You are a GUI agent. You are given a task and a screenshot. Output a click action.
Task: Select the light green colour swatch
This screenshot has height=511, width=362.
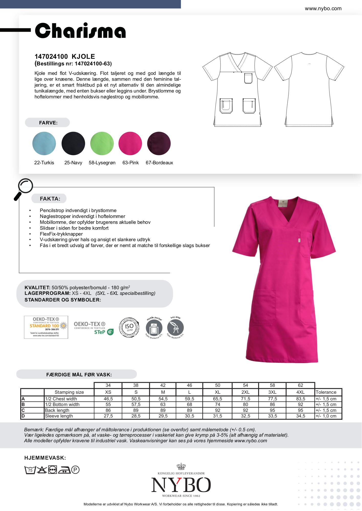click(x=102, y=143)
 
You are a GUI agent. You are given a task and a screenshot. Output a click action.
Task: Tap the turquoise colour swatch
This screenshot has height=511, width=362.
click(x=44, y=143)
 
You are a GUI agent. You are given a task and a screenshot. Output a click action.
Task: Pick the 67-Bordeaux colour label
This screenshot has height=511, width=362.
click(x=159, y=163)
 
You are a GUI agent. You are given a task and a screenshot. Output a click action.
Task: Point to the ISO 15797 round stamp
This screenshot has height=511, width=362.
click(x=129, y=327)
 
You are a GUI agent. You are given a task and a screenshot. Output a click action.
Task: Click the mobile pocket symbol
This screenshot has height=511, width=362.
click(x=154, y=328)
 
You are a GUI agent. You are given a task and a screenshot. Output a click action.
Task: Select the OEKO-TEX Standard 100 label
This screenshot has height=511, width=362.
click(x=46, y=327)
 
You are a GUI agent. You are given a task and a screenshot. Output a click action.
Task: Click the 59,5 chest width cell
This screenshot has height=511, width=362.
click(x=189, y=399)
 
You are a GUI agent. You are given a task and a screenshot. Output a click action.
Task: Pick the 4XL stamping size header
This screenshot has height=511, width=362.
click(x=300, y=392)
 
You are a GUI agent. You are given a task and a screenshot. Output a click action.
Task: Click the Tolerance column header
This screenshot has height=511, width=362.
click(x=326, y=392)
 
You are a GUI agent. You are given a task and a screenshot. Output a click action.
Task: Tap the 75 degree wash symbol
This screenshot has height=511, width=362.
click(x=30, y=470)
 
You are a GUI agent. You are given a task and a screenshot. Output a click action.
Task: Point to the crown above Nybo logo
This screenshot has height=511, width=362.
click(x=181, y=467)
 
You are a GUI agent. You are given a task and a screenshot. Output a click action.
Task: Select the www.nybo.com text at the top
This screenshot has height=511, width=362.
click(x=323, y=8)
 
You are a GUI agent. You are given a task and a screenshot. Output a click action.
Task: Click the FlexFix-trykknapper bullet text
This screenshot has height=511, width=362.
click(x=61, y=234)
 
